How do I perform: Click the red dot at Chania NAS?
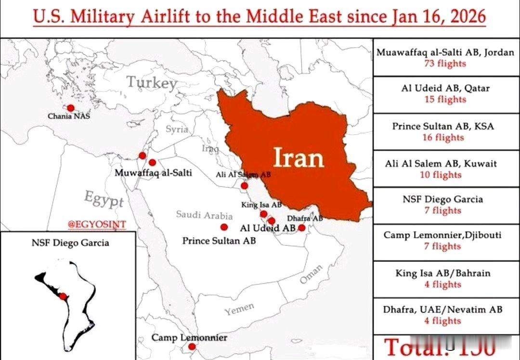71,108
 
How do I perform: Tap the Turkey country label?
152,83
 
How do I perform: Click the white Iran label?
299,157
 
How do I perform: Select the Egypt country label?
104,198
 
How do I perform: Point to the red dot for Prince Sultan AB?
224,227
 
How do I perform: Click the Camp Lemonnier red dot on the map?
192,347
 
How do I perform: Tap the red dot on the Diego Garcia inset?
63,296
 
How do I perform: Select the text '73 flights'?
445,63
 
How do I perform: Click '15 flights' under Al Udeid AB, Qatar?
445,100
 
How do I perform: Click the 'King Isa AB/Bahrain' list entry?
443,273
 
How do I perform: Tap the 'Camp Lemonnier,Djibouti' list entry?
442,235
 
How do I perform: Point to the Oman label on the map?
312,274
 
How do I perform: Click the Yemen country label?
239,309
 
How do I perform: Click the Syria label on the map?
177,129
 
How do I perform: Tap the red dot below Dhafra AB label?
302,228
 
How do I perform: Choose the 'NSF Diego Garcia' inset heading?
70,243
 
